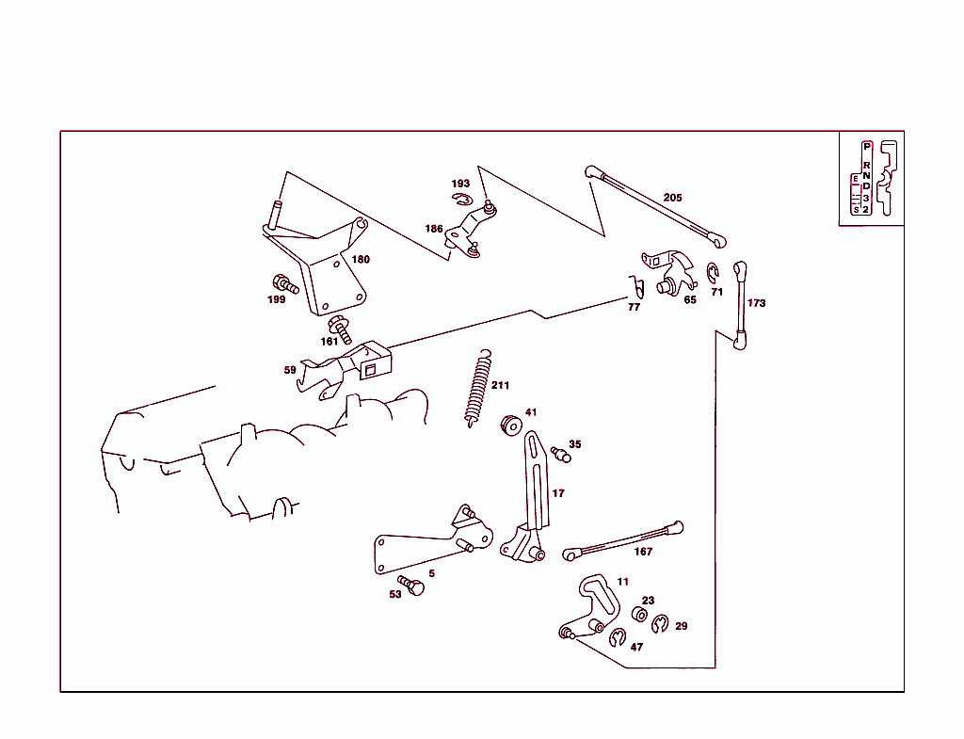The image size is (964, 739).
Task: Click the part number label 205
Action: (x=672, y=198)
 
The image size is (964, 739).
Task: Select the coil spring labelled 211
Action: (x=478, y=387)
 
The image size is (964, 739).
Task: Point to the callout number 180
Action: (x=361, y=259)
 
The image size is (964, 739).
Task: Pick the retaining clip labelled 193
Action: (x=461, y=199)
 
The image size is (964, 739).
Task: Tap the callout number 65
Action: (x=690, y=300)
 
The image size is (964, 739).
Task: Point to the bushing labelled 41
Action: (x=510, y=425)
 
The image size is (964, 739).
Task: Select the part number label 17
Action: (x=558, y=493)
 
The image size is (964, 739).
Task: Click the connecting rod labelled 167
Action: (x=624, y=540)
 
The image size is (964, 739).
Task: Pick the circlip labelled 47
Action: (x=618, y=639)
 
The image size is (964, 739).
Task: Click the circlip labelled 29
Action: (x=661, y=624)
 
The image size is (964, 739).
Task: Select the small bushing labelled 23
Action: (x=639, y=616)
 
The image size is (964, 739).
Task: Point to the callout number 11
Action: (x=622, y=583)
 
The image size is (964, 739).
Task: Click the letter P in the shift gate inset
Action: (x=866, y=147)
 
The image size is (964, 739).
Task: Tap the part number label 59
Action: (x=290, y=370)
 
